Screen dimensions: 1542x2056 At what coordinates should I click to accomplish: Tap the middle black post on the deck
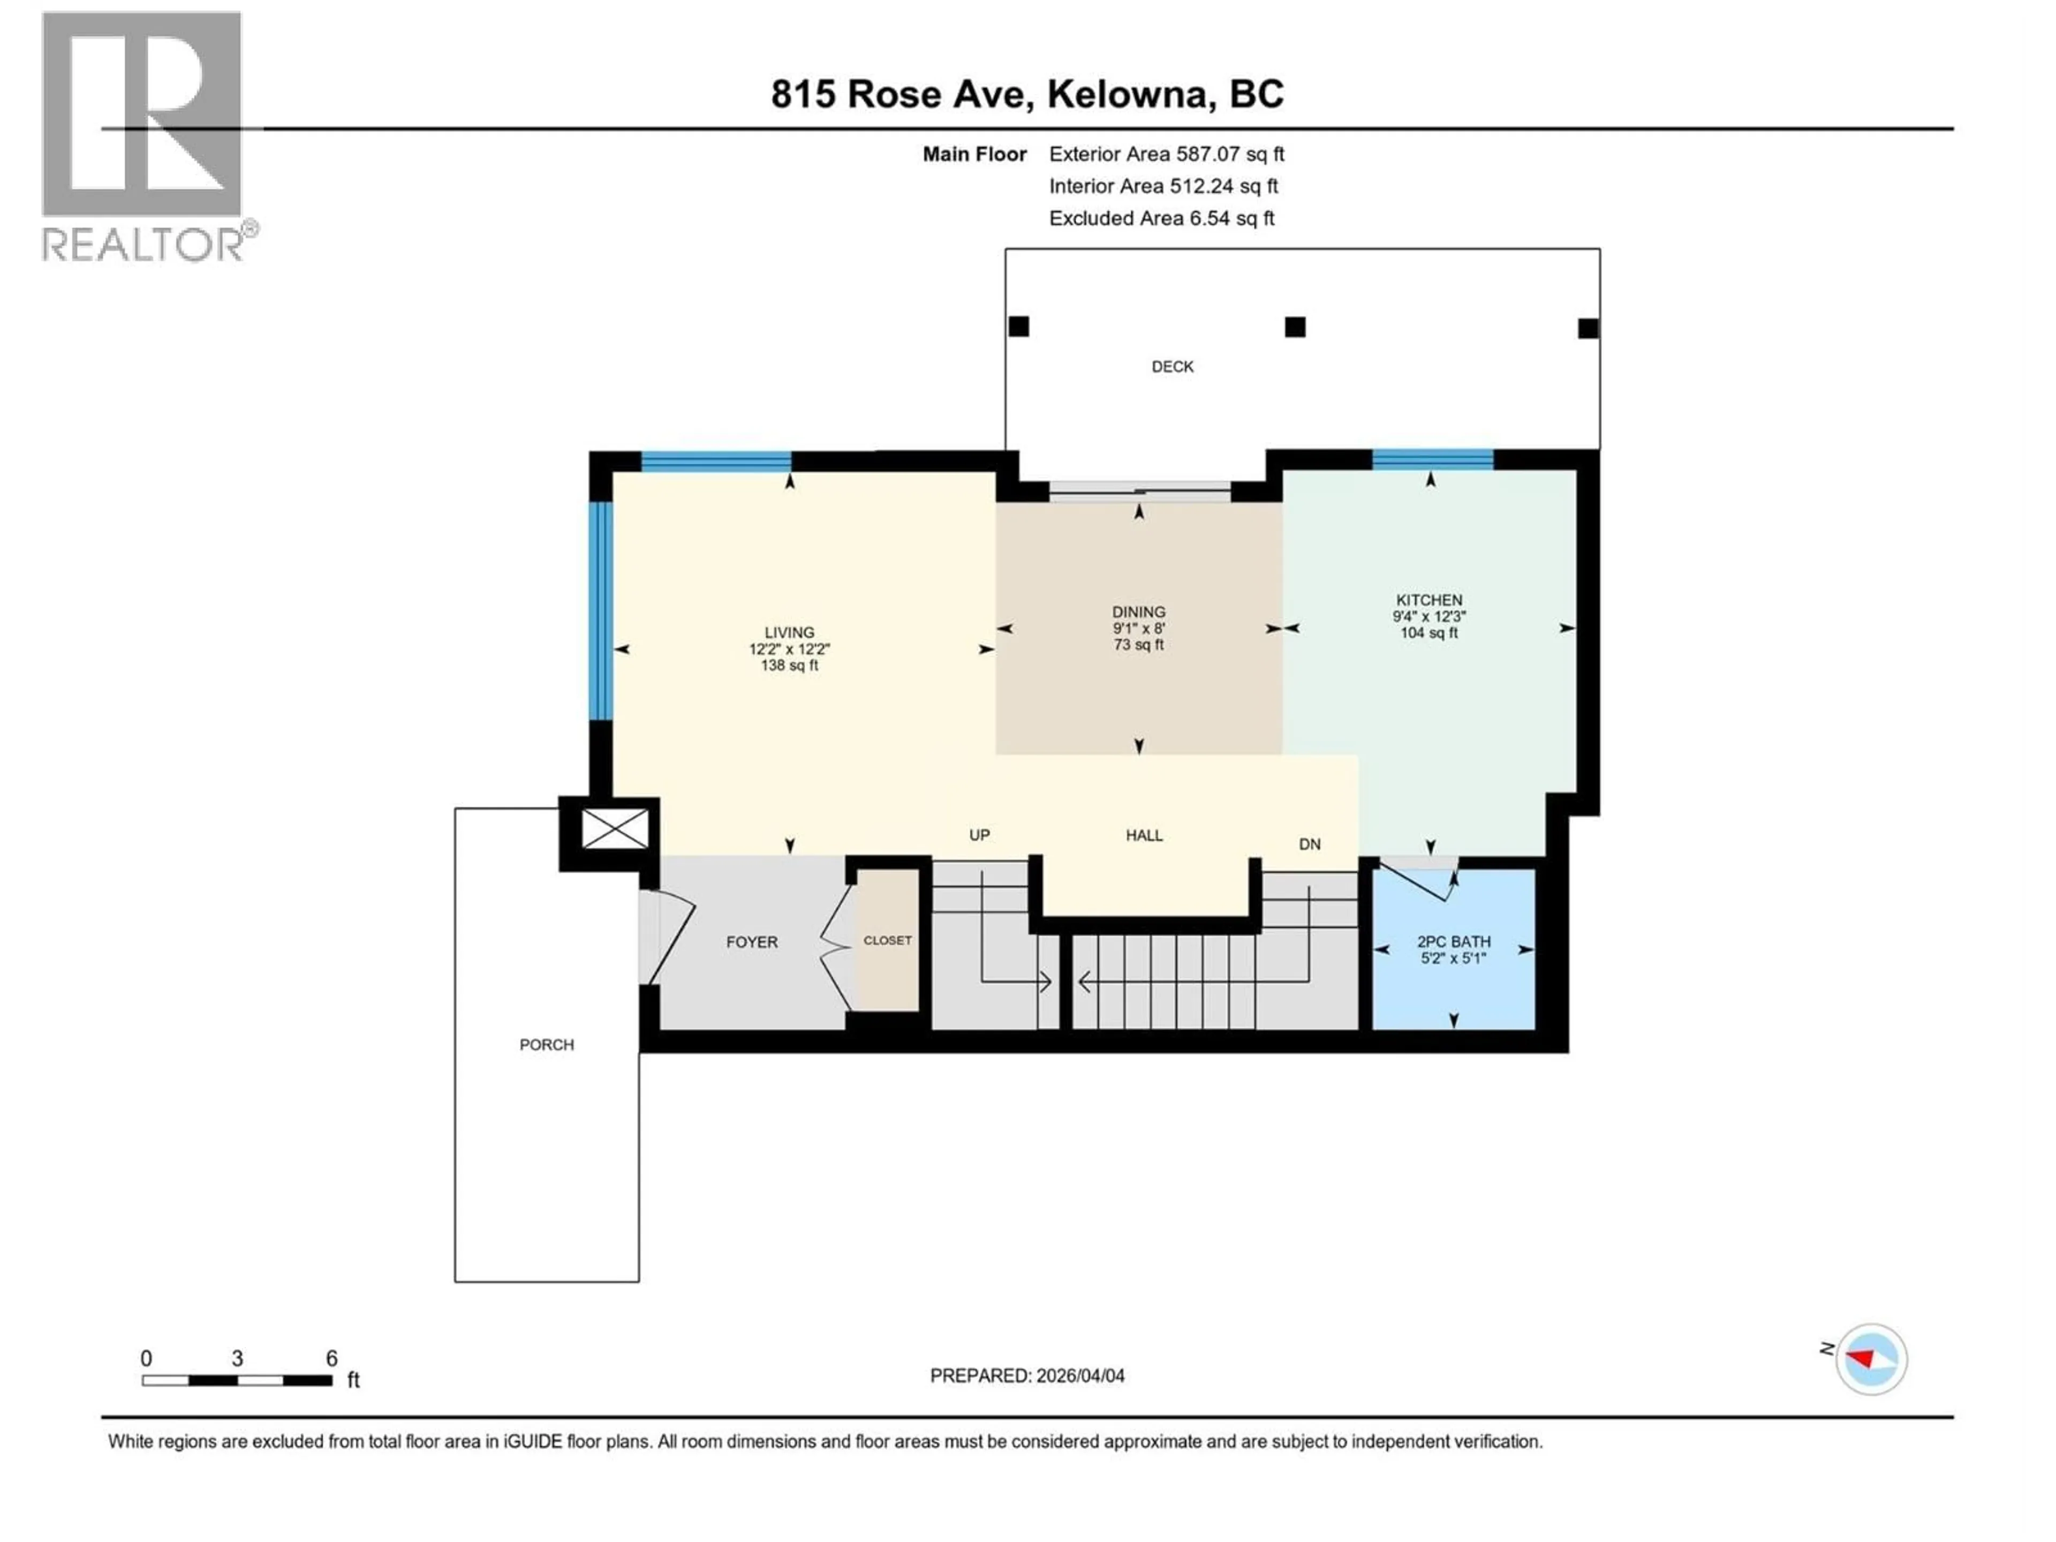[x=1295, y=327]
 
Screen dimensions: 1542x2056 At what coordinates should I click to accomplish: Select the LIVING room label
[x=789, y=632]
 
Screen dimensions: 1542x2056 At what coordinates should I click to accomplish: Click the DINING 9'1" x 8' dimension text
[x=1139, y=629]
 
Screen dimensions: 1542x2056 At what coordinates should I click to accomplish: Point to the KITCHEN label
[x=1428, y=600]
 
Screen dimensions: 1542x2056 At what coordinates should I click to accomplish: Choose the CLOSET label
[x=888, y=941]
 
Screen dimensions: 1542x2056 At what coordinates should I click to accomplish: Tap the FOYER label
[x=752, y=942]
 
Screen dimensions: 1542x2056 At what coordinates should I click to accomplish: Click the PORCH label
[x=547, y=1045]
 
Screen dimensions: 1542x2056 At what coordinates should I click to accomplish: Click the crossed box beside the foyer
[x=614, y=828]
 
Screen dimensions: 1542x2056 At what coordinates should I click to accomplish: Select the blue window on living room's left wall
[x=601, y=611]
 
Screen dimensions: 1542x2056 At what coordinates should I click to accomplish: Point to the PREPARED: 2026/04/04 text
[x=1027, y=1375]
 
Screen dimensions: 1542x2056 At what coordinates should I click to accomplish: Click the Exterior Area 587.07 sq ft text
[x=1167, y=154]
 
